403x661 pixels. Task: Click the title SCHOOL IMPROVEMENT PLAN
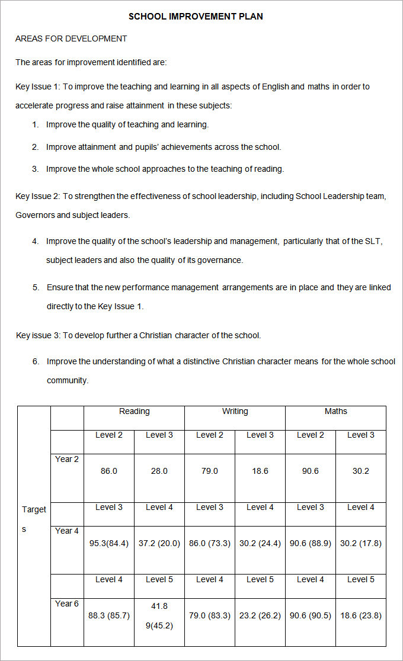click(196, 17)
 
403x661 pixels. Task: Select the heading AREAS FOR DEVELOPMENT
click(71, 38)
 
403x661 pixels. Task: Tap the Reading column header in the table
click(134, 411)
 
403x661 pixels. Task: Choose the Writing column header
click(235, 411)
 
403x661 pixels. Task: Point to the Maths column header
click(335, 411)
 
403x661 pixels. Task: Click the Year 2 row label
click(67, 459)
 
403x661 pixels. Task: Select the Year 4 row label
click(67, 531)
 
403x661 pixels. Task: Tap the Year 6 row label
click(67, 604)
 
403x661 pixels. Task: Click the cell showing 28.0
click(159, 471)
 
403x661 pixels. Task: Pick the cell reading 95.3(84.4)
click(109, 543)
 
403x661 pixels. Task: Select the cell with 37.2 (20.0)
click(159, 543)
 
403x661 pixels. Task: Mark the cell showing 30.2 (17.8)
click(360, 543)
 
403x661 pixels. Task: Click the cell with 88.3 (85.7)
click(109, 615)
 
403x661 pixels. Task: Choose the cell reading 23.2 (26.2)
click(260, 615)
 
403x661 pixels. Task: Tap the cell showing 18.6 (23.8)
click(360, 615)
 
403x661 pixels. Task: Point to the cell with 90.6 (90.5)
click(310, 615)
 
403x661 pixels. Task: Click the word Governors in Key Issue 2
click(35, 215)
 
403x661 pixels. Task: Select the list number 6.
click(36, 361)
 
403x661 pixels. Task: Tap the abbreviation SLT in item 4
click(374, 241)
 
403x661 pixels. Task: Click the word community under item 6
click(67, 380)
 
